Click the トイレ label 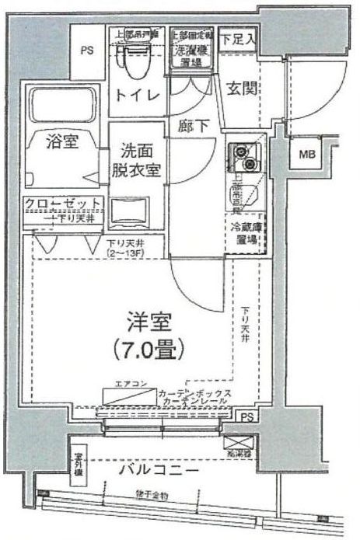[x=138, y=95]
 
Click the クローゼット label [x=62, y=204]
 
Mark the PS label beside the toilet [x=88, y=51]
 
